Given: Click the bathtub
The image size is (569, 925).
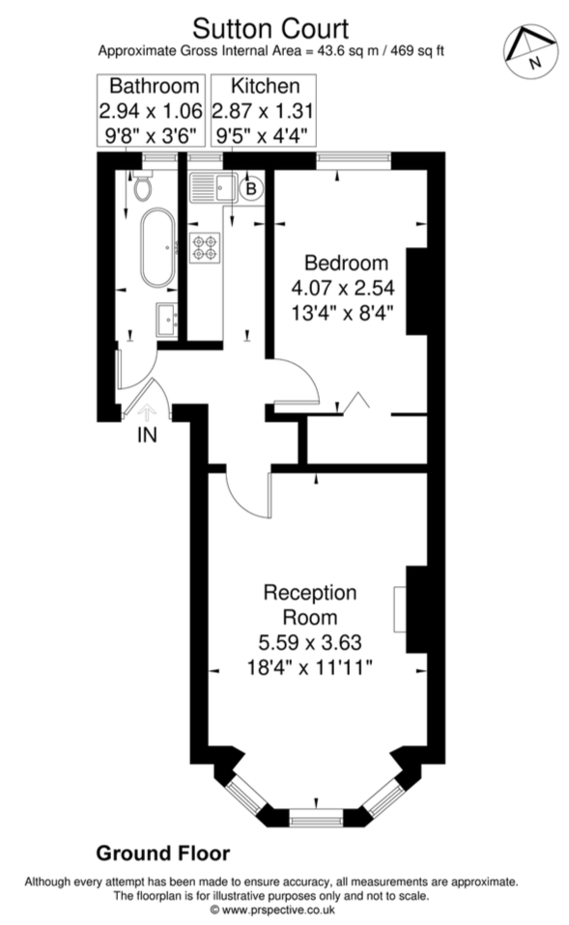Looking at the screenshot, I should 156,249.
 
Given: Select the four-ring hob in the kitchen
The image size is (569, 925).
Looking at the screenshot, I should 206,247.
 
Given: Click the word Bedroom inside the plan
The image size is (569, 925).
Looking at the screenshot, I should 346,263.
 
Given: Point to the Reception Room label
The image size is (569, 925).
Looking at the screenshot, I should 309,604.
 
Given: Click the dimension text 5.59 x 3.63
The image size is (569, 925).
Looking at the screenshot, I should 309,641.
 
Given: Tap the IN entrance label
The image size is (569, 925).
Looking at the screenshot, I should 147,435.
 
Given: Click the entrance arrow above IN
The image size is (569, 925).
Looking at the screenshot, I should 148,412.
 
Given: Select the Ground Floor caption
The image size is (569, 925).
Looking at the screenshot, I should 162,854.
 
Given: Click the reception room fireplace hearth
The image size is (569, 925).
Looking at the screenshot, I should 399,609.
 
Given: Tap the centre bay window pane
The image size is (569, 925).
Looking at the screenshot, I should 316,820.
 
